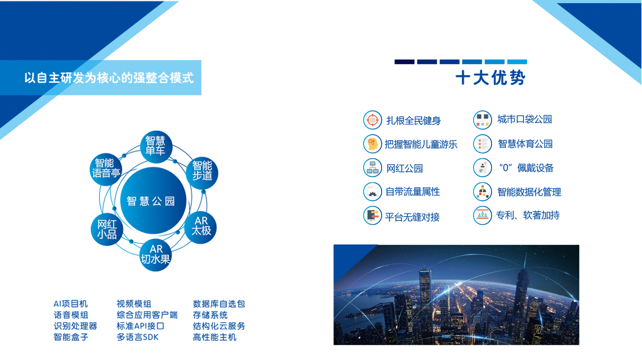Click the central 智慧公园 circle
click(x=153, y=201)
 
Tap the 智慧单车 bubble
click(x=156, y=147)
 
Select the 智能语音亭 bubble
click(x=106, y=169)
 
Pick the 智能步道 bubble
click(x=202, y=173)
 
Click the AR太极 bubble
click(x=200, y=228)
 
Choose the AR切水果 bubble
click(x=156, y=255)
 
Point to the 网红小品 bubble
click(x=107, y=229)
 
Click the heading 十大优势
click(x=490, y=78)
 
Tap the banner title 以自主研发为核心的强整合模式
click(x=109, y=78)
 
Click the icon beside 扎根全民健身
click(x=372, y=120)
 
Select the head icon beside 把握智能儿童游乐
click(x=372, y=144)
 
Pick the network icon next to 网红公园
click(x=372, y=168)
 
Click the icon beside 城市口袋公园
click(x=482, y=120)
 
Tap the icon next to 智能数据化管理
click(x=482, y=192)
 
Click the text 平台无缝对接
click(x=412, y=217)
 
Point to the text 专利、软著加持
click(x=527, y=215)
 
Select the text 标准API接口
click(x=140, y=326)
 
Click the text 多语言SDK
click(x=138, y=337)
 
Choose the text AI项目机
click(x=70, y=304)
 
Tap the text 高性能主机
click(x=214, y=337)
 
